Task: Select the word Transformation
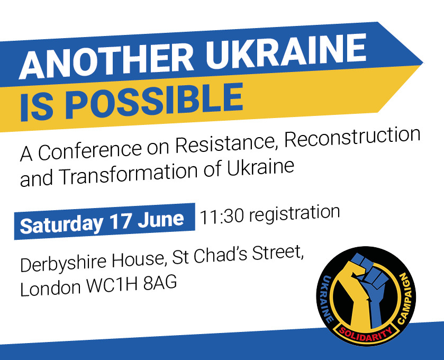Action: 129,173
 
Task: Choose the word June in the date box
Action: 161,219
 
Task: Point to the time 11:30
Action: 221,217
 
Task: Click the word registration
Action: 294,213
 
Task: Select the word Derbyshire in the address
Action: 64,264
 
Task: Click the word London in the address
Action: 50,288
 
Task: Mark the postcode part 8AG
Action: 160,283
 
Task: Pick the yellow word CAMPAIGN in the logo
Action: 406,298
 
